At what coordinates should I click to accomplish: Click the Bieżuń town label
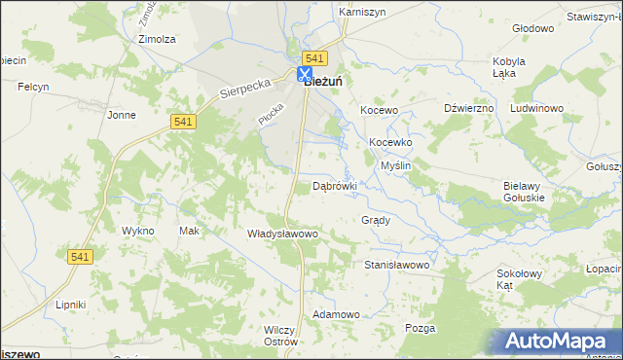(x=324, y=82)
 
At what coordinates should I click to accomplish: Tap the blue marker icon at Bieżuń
(x=305, y=74)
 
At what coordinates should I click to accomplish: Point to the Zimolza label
(x=157, y=40)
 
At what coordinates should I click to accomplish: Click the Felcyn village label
(x=33, y=88)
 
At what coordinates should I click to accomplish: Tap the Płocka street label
(x=270, y=113)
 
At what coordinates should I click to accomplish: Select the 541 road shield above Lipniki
(x=81, y=256)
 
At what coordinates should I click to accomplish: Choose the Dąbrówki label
(x=335, y=185)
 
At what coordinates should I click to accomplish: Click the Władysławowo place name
(x=283, y=234)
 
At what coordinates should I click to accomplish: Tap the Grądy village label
(x=376, y=220)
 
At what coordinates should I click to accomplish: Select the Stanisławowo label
(x=396, y=265)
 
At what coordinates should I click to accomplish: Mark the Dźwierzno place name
(x=469, y=108)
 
